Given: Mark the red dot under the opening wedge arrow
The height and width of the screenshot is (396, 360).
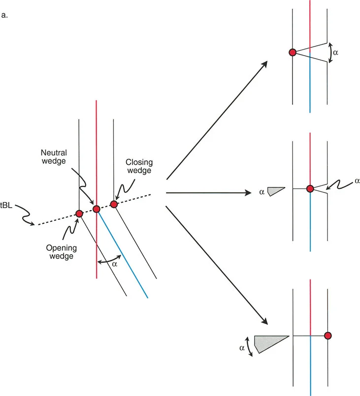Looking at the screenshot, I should click(79, 213).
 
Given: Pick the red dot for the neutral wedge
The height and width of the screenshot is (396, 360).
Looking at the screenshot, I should click(97, 209).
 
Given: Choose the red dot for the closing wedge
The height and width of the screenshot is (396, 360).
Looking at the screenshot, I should click(114, 204).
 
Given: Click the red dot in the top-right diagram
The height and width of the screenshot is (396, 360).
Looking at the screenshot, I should click(293, 52).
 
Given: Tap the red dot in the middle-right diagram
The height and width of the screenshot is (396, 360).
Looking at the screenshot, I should click(310, 188).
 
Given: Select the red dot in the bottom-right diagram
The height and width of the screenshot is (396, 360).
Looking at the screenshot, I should click(327, 335).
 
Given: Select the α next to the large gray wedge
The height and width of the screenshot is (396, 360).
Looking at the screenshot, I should click(242, 347).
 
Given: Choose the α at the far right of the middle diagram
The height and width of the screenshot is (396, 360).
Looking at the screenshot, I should click(357, 181).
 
